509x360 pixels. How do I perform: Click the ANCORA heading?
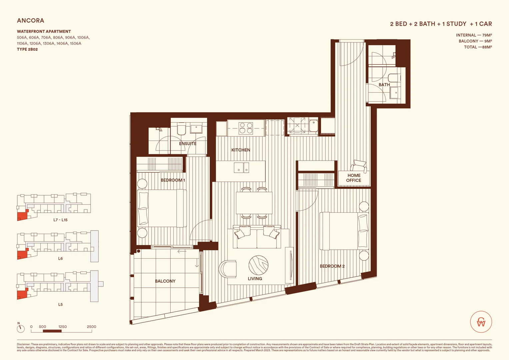[x=30, y=21]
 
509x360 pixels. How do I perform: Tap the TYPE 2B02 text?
[x=27, y=49]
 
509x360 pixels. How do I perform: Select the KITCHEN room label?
[x=241, y=150]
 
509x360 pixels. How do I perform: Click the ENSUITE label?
[x=188, y=144]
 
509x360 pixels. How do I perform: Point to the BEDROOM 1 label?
[x=173, y=180]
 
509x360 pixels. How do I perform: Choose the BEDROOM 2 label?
[x=332, y=266]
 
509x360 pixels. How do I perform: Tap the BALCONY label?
[x=165, y=281]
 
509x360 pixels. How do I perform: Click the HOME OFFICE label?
[x=354, y=178]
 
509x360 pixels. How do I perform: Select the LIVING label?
[x=255, y=279]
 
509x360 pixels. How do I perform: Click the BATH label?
[x=384, y=85]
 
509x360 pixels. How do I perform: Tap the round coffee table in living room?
[x=258, y=265]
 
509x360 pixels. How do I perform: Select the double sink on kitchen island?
[x=241, y=167]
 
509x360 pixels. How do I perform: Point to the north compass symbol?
[x=21, y=328]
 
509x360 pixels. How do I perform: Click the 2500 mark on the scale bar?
[x=91, y=327]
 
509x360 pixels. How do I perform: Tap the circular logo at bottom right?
[x=481, y=322]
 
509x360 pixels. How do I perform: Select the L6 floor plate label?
[x=60, y=258]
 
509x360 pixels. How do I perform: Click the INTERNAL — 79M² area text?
[x=474, y=35]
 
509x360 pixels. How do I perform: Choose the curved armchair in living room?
[x=228, y=269]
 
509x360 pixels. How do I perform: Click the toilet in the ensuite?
[x=181, y=129]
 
